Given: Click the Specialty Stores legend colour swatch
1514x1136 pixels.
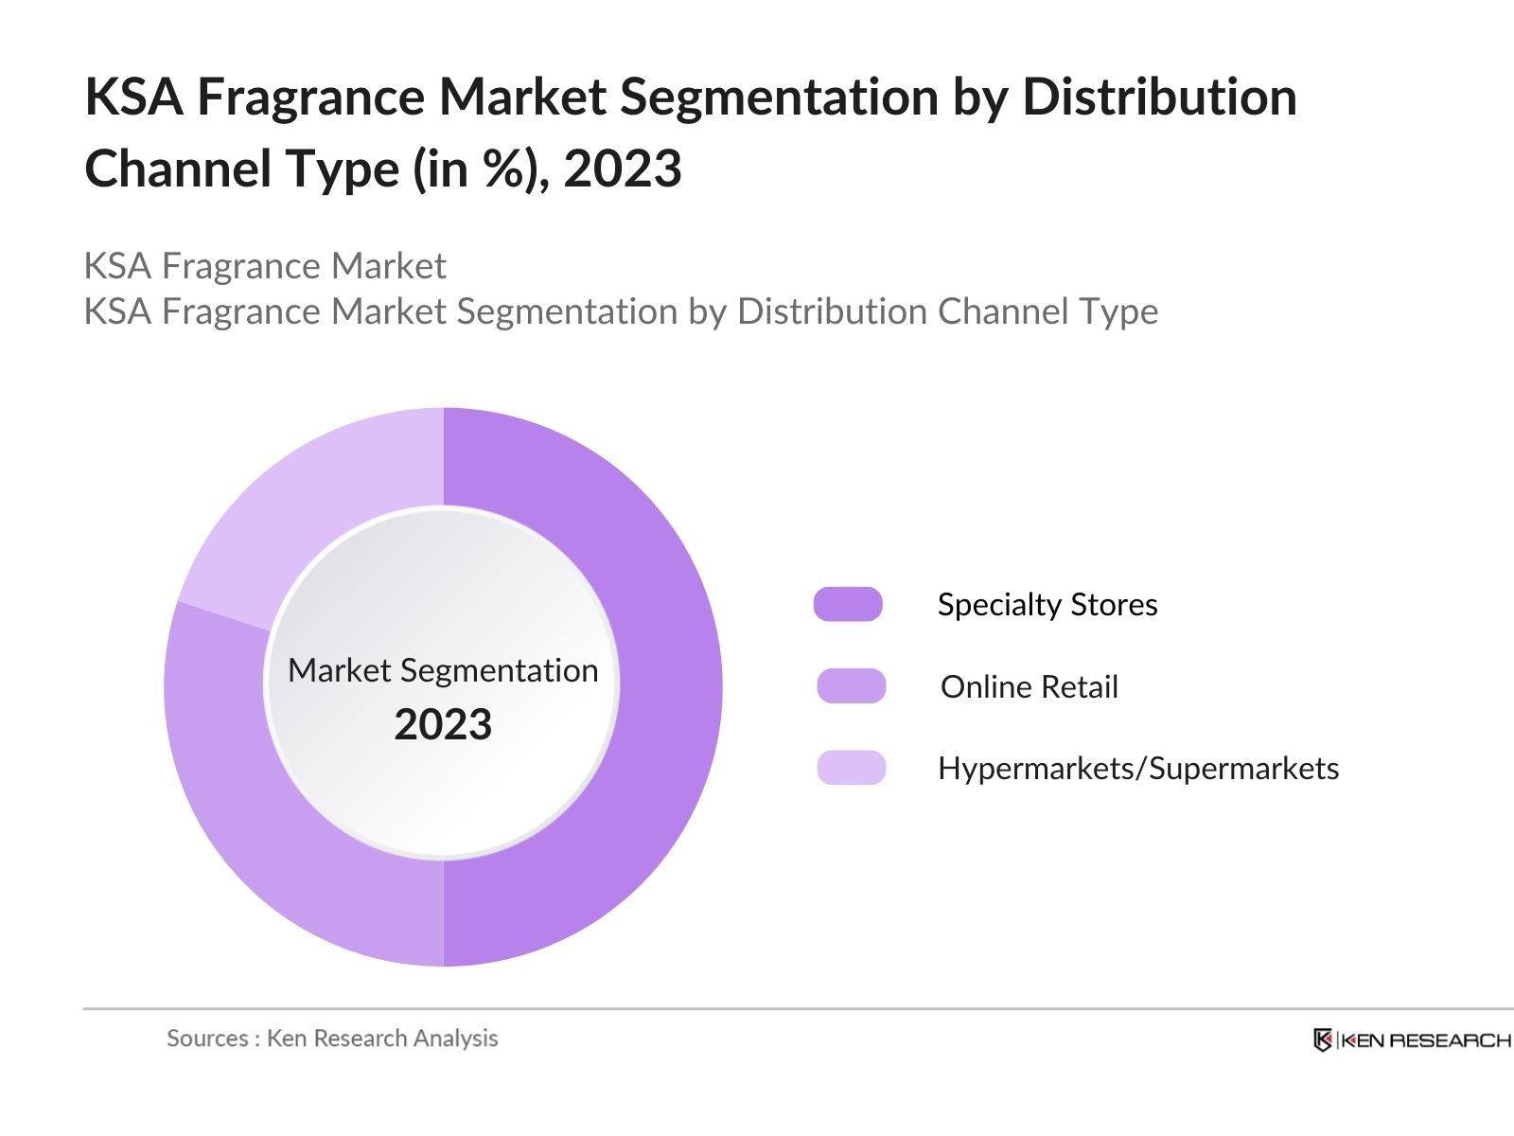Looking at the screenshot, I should [848, 604].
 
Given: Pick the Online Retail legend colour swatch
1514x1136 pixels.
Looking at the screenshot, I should [851, 686].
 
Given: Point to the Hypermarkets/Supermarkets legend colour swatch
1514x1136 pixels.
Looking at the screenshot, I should [851, 768].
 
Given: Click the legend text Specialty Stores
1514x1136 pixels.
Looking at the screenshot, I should [1047, 605].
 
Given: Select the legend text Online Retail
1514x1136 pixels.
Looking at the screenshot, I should [1029, 687].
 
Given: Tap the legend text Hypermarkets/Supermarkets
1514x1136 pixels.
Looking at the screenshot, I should [1137, 769].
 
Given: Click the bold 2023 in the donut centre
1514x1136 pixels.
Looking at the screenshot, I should [443, 725].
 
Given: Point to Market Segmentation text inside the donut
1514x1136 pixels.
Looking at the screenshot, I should [443, 670].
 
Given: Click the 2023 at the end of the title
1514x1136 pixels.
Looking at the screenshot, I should [622, 169].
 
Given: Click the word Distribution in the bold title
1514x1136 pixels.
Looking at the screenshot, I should [1159, 98].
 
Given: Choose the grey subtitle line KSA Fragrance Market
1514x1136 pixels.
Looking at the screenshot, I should [265, 266].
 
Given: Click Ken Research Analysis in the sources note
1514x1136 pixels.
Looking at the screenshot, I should [382, 1038].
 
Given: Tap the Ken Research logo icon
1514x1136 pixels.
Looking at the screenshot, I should [1323, 1040].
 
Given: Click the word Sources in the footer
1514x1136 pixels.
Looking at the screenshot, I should [207, 1038].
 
